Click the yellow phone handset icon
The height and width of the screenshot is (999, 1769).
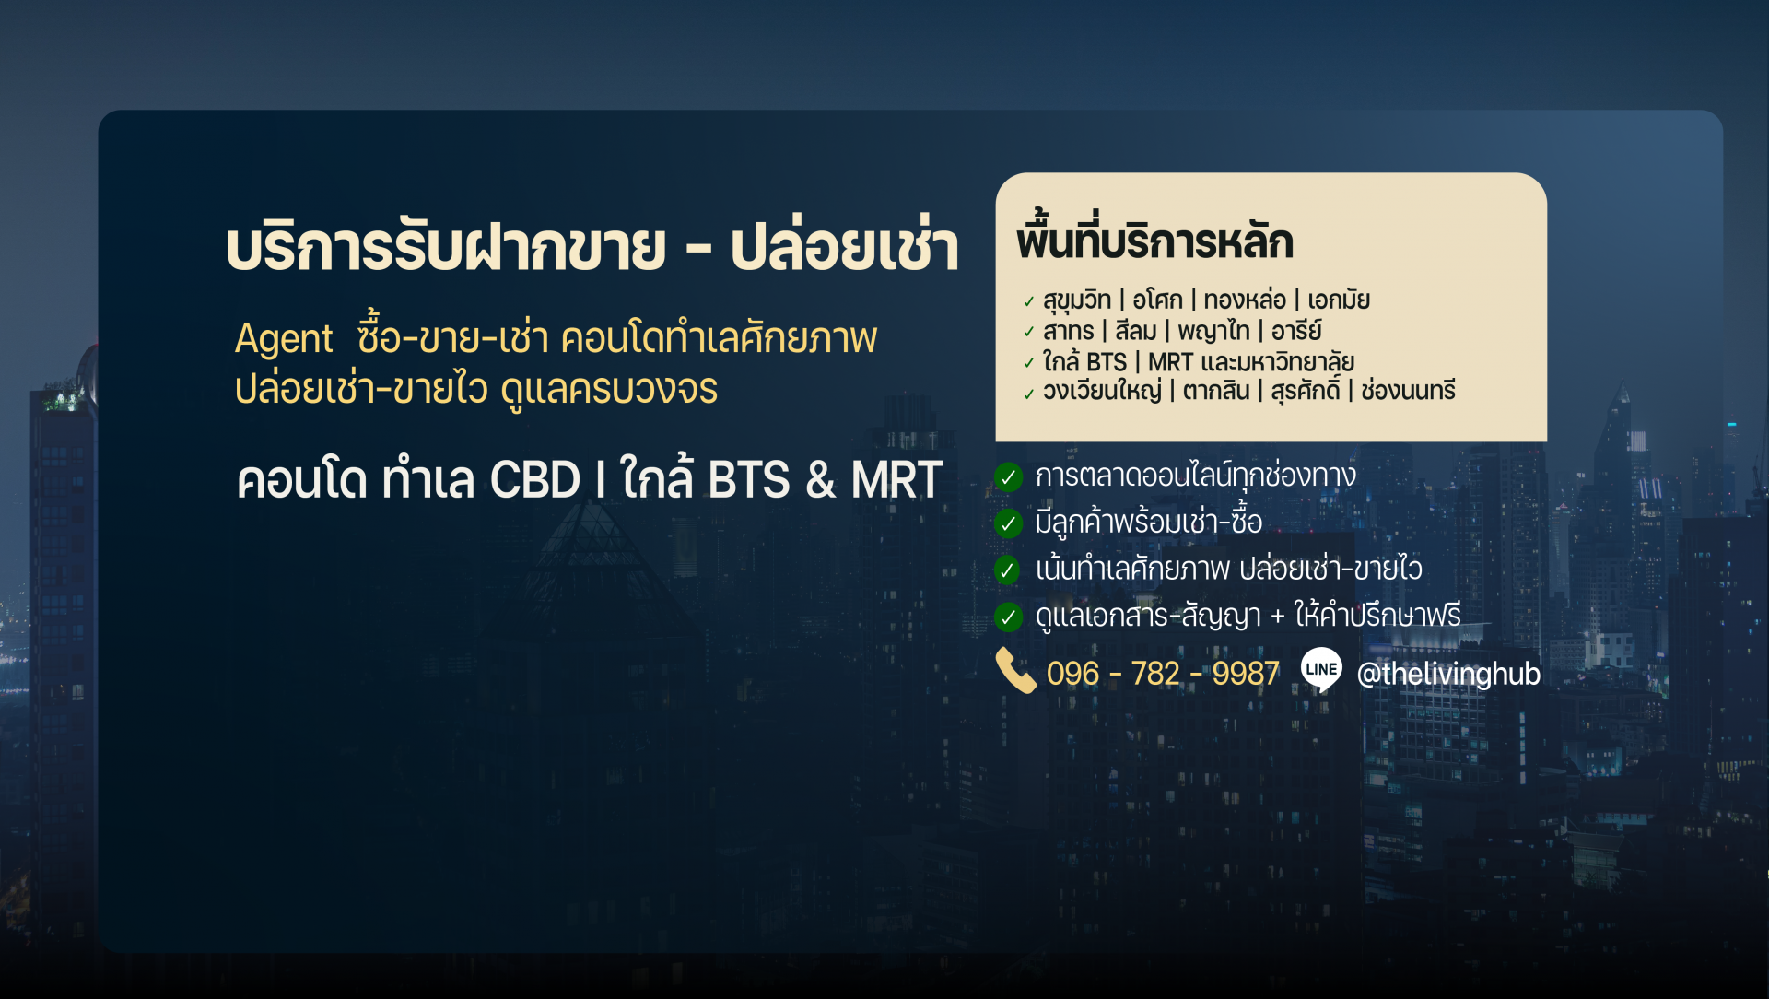[1016, 670]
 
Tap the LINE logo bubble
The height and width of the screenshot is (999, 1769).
[1321, 670]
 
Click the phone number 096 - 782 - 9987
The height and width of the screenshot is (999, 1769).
[1163, 674]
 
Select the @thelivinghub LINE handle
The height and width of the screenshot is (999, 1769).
[1448, 674]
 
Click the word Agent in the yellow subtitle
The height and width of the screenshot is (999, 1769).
[284, 339]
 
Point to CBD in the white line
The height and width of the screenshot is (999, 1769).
[534, 480]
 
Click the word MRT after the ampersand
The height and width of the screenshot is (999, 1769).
[896, 480]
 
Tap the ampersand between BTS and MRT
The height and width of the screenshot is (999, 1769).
[820, 480]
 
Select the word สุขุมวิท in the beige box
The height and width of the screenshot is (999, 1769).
[1077, 300]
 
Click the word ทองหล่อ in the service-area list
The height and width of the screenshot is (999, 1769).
[1245, 300]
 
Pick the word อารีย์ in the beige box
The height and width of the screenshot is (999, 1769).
[1296, 330]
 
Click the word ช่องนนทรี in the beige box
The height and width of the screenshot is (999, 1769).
[1408, 391]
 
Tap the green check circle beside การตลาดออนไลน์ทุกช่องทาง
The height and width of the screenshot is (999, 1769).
[1008, 477]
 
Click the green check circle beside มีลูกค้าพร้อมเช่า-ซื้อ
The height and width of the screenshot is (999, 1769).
[1008, 523]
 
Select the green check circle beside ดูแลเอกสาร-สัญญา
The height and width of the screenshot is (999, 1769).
[1008, 617]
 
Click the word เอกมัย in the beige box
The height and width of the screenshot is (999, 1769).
[1339, 300]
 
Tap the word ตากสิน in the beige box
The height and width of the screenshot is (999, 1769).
[1216, 391]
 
